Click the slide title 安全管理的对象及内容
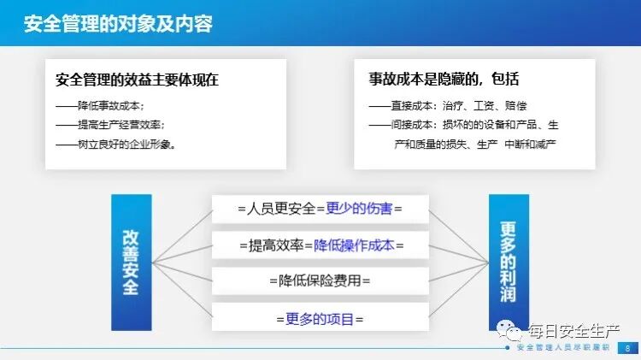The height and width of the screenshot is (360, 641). pyautogui.click(x=119, y=22)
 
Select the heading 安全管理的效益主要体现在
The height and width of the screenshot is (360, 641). pyautogui.click(x=138, y=80)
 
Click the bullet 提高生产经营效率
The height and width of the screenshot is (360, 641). pyautogui.click(x=110, y=125)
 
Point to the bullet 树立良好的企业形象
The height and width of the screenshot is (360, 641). pyautogui.click(x=115, y=145)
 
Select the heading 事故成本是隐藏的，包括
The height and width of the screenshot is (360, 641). pyautogui.click(x=444, y=80)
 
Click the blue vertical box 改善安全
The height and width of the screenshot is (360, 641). pyautogui.click(x=131, y=262)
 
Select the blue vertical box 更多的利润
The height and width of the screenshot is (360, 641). pyautogui.click(x=509, y=262)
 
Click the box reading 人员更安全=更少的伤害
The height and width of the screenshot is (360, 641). pyautogui.click(x=320, y=209)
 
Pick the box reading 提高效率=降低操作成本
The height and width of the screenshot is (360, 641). pyautogui.click(x=320, y=245)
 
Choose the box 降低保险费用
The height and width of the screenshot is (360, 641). pyautogui.click(x=320, y=280)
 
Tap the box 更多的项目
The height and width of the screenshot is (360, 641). pyautogui.click(x=320, y=318)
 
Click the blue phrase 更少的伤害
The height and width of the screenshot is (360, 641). pyautogui.click(x=358, y=209)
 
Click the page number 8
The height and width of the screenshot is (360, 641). pyautogui.click(x=627, y=348)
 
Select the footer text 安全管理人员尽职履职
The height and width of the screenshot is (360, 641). pyautogui.click(x=563, y=349)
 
